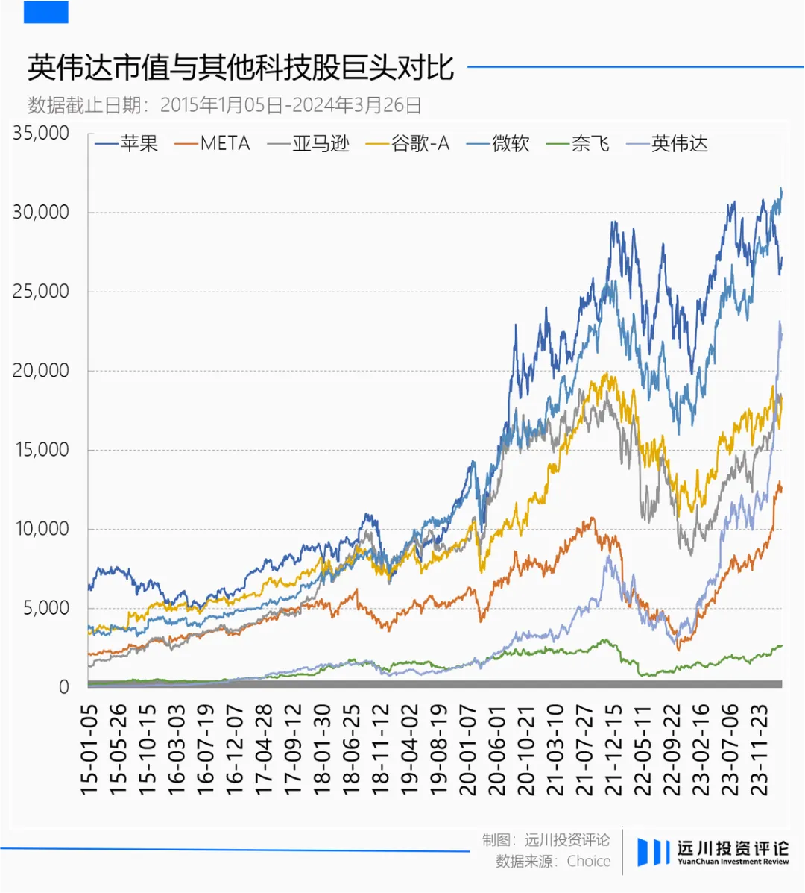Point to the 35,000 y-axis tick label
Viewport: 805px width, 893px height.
coord(41,133)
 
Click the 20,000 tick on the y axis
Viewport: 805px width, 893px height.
coord(41,371)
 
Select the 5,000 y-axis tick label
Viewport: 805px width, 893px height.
coord(46,608)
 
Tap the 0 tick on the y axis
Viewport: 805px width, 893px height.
coord(64,687)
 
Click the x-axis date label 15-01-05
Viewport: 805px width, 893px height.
coord(89,749)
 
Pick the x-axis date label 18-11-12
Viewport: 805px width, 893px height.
coord(381,749)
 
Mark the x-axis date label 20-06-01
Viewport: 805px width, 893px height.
coord(497,749)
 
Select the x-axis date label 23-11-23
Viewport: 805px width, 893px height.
coord(760,749)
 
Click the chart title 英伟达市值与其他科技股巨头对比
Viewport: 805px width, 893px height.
coord(240,68)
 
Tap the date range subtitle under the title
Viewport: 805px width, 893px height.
coord(224,105)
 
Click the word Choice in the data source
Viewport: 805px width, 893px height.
coord(588,861)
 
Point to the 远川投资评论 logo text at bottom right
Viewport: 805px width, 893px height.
coord(732,849)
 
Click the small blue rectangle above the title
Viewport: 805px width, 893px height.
coord(46,12)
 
